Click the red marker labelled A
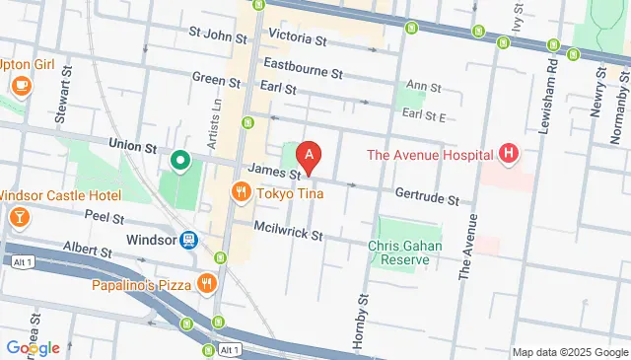coord(310,156)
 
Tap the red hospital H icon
coord(508,153)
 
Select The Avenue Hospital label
coord(428,154)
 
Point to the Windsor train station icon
coord(187,239)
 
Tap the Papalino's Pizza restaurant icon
coord(206,285)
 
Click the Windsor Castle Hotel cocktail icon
coord(18,215)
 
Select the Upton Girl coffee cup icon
coord(21,86)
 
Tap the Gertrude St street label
coord(427,199)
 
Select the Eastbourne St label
coord(303,73)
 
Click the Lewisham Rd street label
coord(550,94)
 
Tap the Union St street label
coord(133,145)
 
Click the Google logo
coord(33,347)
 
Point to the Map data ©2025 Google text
coord(569,352)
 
